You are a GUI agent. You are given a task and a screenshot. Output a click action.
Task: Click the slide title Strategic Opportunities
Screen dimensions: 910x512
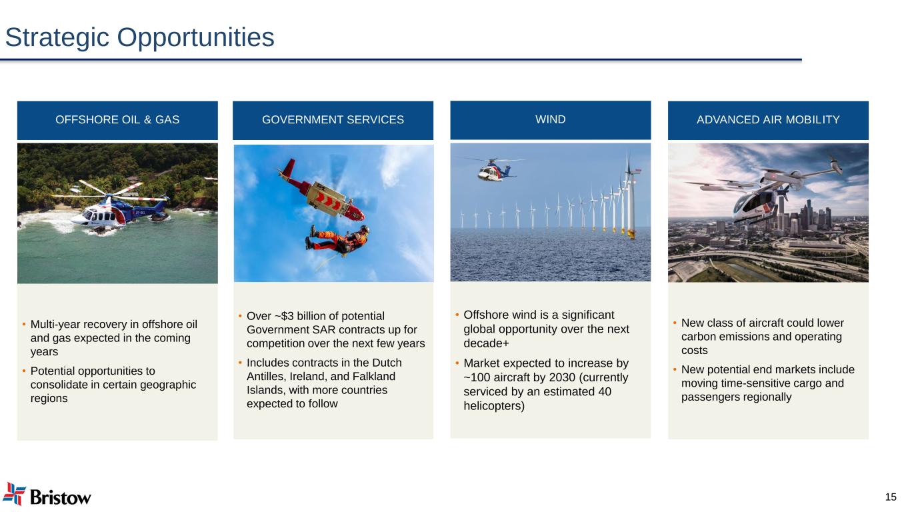140,38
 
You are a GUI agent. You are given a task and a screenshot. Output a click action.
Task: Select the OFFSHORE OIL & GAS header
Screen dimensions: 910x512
117,119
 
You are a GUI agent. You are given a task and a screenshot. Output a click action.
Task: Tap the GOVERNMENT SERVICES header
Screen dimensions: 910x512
333,119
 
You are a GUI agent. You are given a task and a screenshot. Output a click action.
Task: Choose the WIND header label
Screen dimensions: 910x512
550,119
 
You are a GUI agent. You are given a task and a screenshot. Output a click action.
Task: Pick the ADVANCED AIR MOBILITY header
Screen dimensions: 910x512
768,119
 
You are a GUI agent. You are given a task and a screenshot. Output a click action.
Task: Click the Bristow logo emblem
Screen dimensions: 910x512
14,494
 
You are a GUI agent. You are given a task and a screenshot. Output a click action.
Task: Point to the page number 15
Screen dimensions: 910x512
891,497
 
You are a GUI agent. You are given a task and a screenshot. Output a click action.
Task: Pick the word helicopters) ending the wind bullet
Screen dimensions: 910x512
494,406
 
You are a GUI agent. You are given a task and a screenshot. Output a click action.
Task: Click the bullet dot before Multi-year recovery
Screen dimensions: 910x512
24,324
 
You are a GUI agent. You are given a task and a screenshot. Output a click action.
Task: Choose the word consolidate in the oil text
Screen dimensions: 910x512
59,385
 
